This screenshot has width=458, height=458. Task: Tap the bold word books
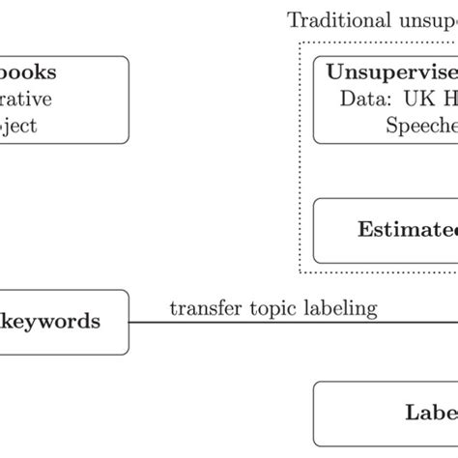(x=28, y=72)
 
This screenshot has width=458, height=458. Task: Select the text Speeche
(x=421, y=126)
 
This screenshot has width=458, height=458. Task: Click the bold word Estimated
(x=407, y=229)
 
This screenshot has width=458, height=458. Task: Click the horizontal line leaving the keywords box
(x=290, y=323)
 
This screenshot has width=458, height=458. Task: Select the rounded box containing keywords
(x=64, y=322)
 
